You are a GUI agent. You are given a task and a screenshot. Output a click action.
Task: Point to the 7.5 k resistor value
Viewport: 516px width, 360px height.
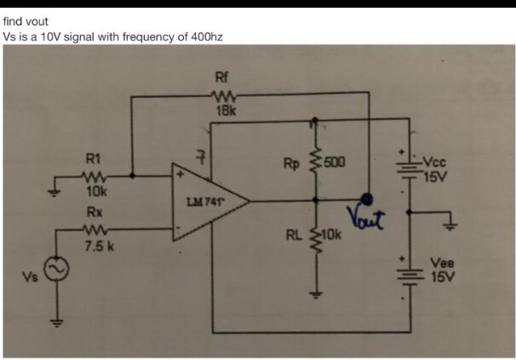click(95, 246)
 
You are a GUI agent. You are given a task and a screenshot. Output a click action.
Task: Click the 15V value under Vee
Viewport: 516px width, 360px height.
click(443, 277)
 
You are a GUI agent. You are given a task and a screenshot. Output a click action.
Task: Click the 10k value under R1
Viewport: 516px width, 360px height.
click(95, 191)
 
